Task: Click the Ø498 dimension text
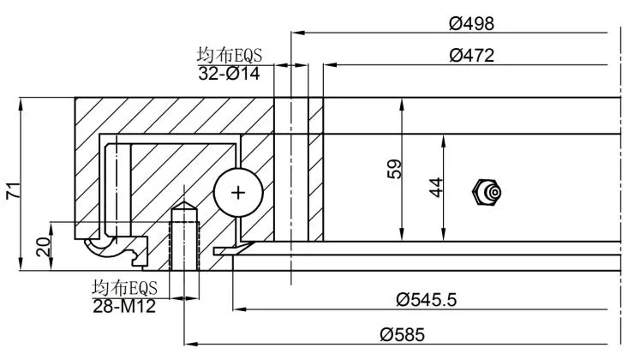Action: pos(472,23)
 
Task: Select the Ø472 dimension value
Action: pos(472,57)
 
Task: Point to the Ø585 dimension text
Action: pos(403,335)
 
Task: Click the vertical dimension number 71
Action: pos(13,190)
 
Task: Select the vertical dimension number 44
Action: pos(436,187)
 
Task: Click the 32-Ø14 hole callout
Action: pos(230,74)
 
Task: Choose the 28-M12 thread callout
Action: pos(126,303)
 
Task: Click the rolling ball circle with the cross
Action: pos(236,192)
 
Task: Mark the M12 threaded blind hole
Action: pos(183,240)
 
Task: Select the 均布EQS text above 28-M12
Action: pos(125,286)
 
